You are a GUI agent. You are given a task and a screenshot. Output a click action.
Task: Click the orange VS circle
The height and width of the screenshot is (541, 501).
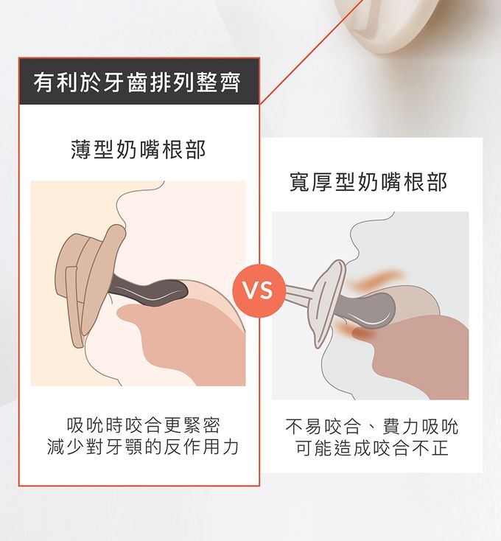(x=259, y=291)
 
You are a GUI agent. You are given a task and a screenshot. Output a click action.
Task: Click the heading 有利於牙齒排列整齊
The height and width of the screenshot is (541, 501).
(x=137, y=83)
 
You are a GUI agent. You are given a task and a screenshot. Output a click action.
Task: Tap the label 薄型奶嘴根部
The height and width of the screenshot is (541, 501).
(x=139, y=150)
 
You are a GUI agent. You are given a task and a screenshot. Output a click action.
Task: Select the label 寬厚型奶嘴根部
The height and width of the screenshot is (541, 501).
(x=368, y=182)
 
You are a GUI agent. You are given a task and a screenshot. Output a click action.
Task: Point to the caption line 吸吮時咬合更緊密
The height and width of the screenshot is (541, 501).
(x=144, y=425)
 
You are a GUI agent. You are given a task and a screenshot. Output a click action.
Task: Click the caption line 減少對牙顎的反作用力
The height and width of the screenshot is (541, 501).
(x=143, y=447)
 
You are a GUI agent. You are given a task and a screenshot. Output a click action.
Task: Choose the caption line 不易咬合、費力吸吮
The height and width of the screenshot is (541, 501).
(x=372, y=427)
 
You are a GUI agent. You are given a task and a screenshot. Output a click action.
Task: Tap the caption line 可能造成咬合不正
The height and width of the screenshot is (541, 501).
(x=372, y=448)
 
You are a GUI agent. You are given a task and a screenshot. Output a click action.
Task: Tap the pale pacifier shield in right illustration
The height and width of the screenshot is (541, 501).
(x=328, y=304)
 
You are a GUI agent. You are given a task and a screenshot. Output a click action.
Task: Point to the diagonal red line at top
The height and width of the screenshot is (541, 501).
(x=312, y=52)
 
